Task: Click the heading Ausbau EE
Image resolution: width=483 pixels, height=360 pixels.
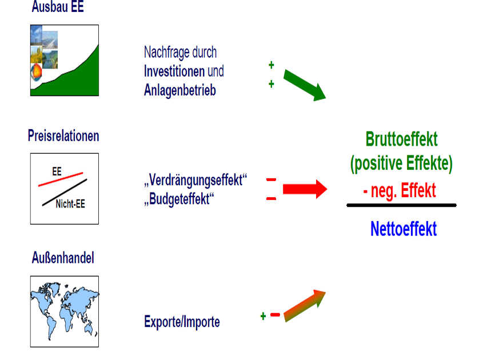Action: point(58,6)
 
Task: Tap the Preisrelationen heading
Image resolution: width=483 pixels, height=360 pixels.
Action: point(63,135)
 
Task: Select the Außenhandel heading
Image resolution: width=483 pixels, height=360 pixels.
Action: point(63,258)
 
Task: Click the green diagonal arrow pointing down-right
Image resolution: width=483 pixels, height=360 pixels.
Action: point(304,85)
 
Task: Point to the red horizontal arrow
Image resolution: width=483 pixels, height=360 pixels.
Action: point(305,189)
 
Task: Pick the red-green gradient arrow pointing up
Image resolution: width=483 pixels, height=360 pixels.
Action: point(304,306)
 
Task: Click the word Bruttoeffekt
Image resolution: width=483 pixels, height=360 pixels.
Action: point(401,139)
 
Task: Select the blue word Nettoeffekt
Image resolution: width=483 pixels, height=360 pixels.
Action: point(404,229)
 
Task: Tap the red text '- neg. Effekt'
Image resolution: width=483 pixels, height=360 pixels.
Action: point(400,190)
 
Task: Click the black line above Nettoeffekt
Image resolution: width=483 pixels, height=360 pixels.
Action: point(401,205)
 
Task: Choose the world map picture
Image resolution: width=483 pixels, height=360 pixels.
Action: point(65,311)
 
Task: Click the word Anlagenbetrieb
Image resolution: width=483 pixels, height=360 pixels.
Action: point(180,90)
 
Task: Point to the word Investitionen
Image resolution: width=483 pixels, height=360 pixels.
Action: point(174,71)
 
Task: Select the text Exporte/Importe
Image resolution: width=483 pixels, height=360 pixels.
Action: point(182,322)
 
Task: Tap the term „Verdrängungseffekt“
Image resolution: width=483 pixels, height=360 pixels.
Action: point(195,180)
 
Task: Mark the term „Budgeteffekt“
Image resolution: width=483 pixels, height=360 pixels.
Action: point(179,199)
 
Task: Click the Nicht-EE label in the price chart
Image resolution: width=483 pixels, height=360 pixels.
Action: point(70,204)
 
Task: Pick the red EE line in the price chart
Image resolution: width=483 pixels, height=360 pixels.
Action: point(61,179)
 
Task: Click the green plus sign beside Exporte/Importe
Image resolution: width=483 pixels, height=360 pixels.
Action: point(263,316)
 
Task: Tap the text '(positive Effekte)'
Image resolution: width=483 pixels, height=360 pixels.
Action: point(401,163)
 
